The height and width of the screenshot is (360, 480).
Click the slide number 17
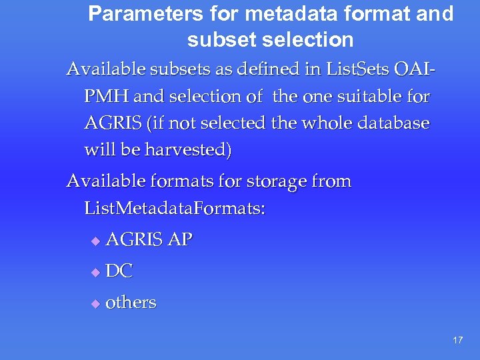pos(457,340)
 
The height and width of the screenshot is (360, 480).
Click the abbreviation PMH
pos(107,97)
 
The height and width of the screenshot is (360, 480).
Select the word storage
pos(273,181)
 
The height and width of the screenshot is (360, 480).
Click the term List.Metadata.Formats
pos(175,209)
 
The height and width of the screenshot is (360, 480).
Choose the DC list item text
pos(119,271)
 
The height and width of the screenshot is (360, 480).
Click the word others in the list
pos(131,302)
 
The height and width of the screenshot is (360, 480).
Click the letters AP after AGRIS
pos(180,240)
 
